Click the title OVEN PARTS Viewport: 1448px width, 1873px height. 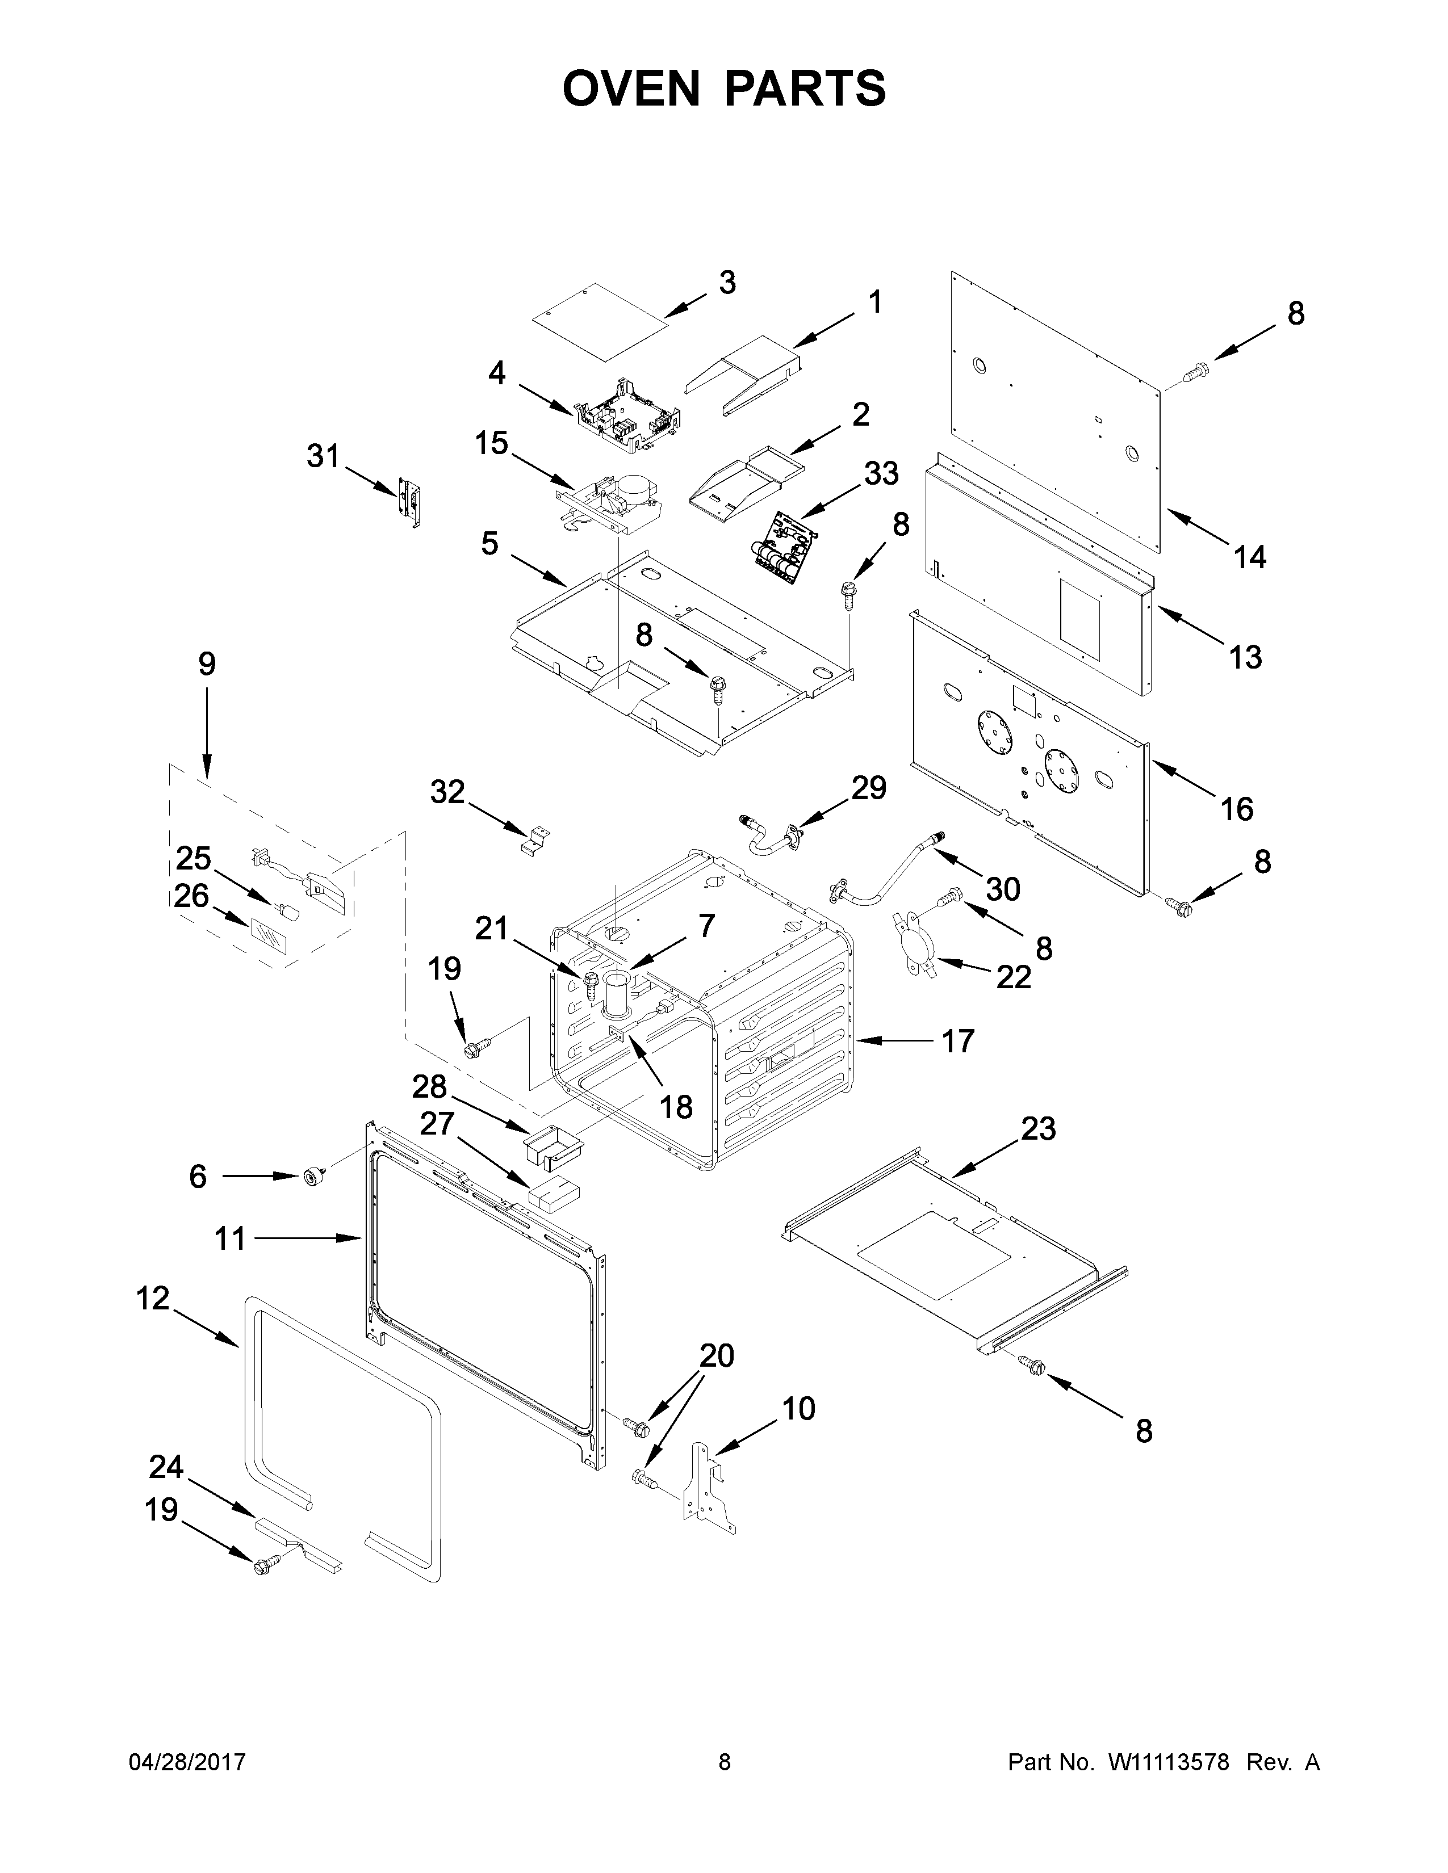724,89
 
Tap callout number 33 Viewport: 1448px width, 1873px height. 881,473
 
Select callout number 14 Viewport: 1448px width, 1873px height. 1250,557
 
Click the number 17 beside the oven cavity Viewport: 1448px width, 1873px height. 957,1041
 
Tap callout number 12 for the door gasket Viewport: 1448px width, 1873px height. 153,1299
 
